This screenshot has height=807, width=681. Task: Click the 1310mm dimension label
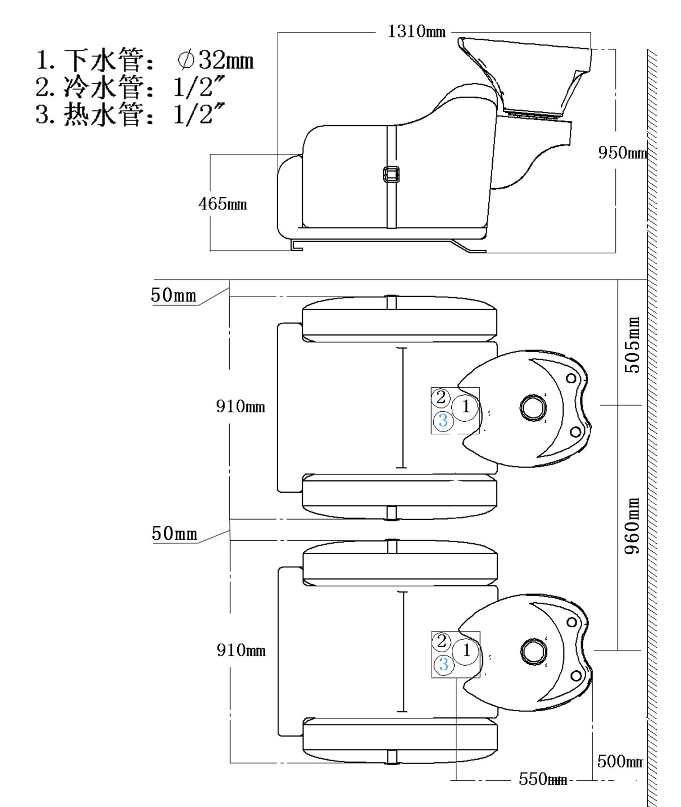416,32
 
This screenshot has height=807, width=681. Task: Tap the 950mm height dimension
622,152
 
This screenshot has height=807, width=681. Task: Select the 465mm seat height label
222,204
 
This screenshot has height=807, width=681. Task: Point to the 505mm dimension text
632,345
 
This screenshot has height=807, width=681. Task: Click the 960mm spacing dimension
632,526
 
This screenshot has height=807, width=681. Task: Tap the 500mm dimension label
619,761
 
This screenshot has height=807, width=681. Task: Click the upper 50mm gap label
173,295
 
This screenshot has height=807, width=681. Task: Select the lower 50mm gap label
174,534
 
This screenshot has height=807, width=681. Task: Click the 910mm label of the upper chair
240,406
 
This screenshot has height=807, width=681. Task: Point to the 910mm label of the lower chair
241,650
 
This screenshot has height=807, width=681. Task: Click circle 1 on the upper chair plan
465,407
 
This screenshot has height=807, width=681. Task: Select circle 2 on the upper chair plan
441,397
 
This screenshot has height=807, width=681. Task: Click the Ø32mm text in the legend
216,61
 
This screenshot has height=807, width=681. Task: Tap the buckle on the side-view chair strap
391,175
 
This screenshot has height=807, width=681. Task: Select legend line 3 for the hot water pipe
130,114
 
